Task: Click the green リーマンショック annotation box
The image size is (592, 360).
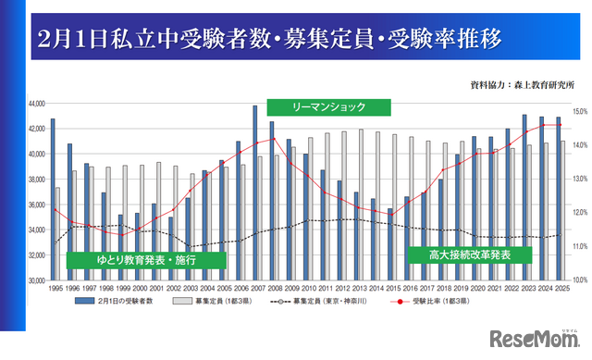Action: tap(328, 106)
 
